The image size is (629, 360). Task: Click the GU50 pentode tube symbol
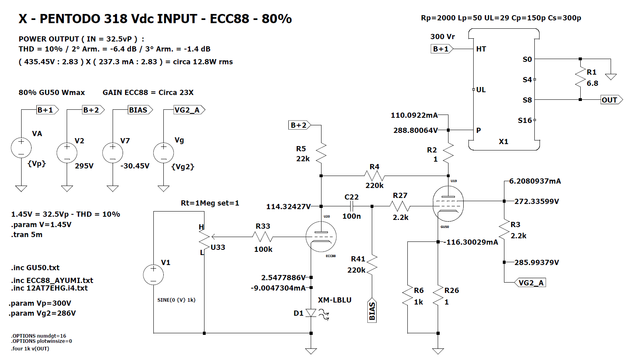[448, 203]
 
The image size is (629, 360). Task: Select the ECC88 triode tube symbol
[321, 237]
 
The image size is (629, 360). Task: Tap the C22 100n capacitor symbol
[351, 206]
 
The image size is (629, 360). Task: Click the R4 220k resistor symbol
[374, 176]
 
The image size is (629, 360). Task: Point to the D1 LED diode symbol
[311, 313]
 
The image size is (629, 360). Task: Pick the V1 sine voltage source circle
[153, 275]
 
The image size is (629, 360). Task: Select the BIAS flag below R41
[372, 311]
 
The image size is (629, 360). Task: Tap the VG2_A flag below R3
[530, 283]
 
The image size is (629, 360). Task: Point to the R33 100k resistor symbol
[263, 237]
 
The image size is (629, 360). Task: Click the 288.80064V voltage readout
[415, 130]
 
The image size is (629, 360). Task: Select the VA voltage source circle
[21, 148]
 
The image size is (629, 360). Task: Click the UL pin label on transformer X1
[481, 90]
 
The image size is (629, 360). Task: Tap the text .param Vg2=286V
[42, 313]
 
